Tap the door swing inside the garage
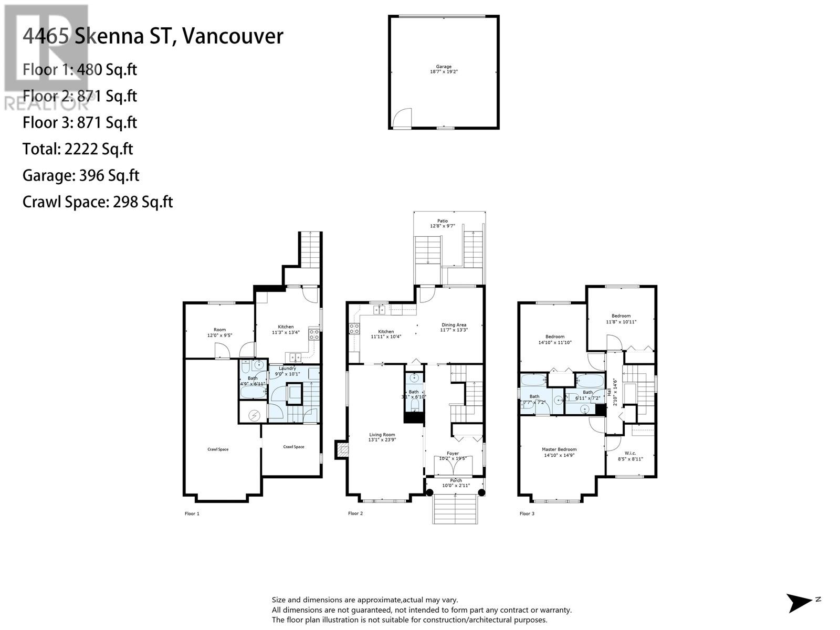403,118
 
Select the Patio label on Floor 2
443,221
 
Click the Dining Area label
454,325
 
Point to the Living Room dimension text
382,440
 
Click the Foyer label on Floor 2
453,453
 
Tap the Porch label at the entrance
456,480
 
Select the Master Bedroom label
559,449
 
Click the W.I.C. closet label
630,453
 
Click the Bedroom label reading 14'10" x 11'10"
555,337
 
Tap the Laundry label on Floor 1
287,369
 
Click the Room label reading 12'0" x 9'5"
219,330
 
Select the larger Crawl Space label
218,449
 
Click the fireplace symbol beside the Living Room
342,449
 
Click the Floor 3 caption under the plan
527,513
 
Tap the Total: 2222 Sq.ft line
78,149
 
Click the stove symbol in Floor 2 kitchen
354,329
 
